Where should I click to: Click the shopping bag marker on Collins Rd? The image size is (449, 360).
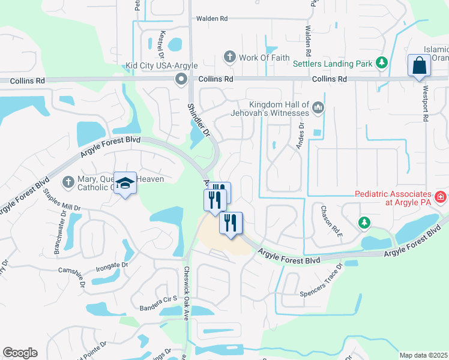[418, 65]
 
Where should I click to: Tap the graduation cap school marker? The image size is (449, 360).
[125, 183]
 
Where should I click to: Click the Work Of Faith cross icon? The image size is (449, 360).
[229, 58]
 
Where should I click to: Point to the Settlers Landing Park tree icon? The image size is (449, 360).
[381, 62]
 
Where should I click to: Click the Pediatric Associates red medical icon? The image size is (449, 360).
[440, 196]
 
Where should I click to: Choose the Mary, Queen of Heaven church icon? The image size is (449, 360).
[68, 181]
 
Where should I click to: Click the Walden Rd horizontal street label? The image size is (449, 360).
[212, 19]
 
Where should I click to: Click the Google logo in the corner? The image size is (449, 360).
[20, 353]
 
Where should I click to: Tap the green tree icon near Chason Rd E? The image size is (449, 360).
[364, 223]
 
